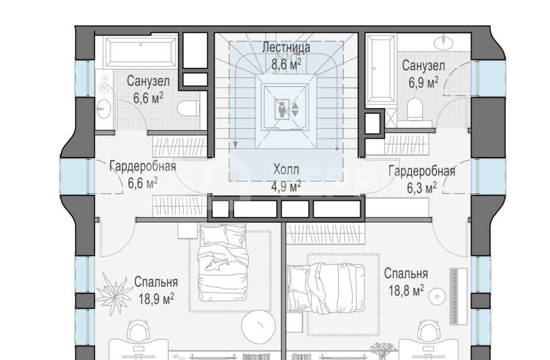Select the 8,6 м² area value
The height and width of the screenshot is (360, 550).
click(x=286, y=64)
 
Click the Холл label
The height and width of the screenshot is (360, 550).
click(x=286, y=169)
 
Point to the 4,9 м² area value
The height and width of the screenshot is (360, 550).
click(x=286, y=185)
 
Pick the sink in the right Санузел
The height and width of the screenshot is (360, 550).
click(x=445, y=43)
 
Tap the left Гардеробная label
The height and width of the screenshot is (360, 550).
click(x=143, y=166)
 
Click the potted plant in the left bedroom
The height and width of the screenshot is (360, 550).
click(x=114, y=290)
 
